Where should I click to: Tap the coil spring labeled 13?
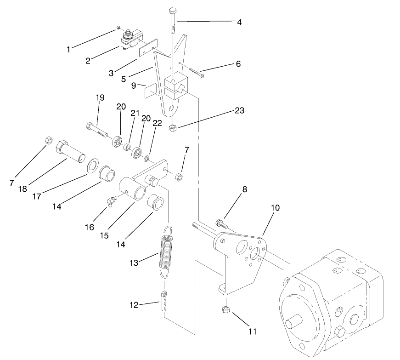(x=165, y=251)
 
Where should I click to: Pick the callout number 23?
(x=239, y=110)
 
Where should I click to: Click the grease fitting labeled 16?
(x=110, y=201)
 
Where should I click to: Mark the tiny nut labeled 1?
(x=118, y=28)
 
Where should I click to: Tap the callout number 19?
(x=100, y=97)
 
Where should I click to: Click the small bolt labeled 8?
(x=221, y=224)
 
